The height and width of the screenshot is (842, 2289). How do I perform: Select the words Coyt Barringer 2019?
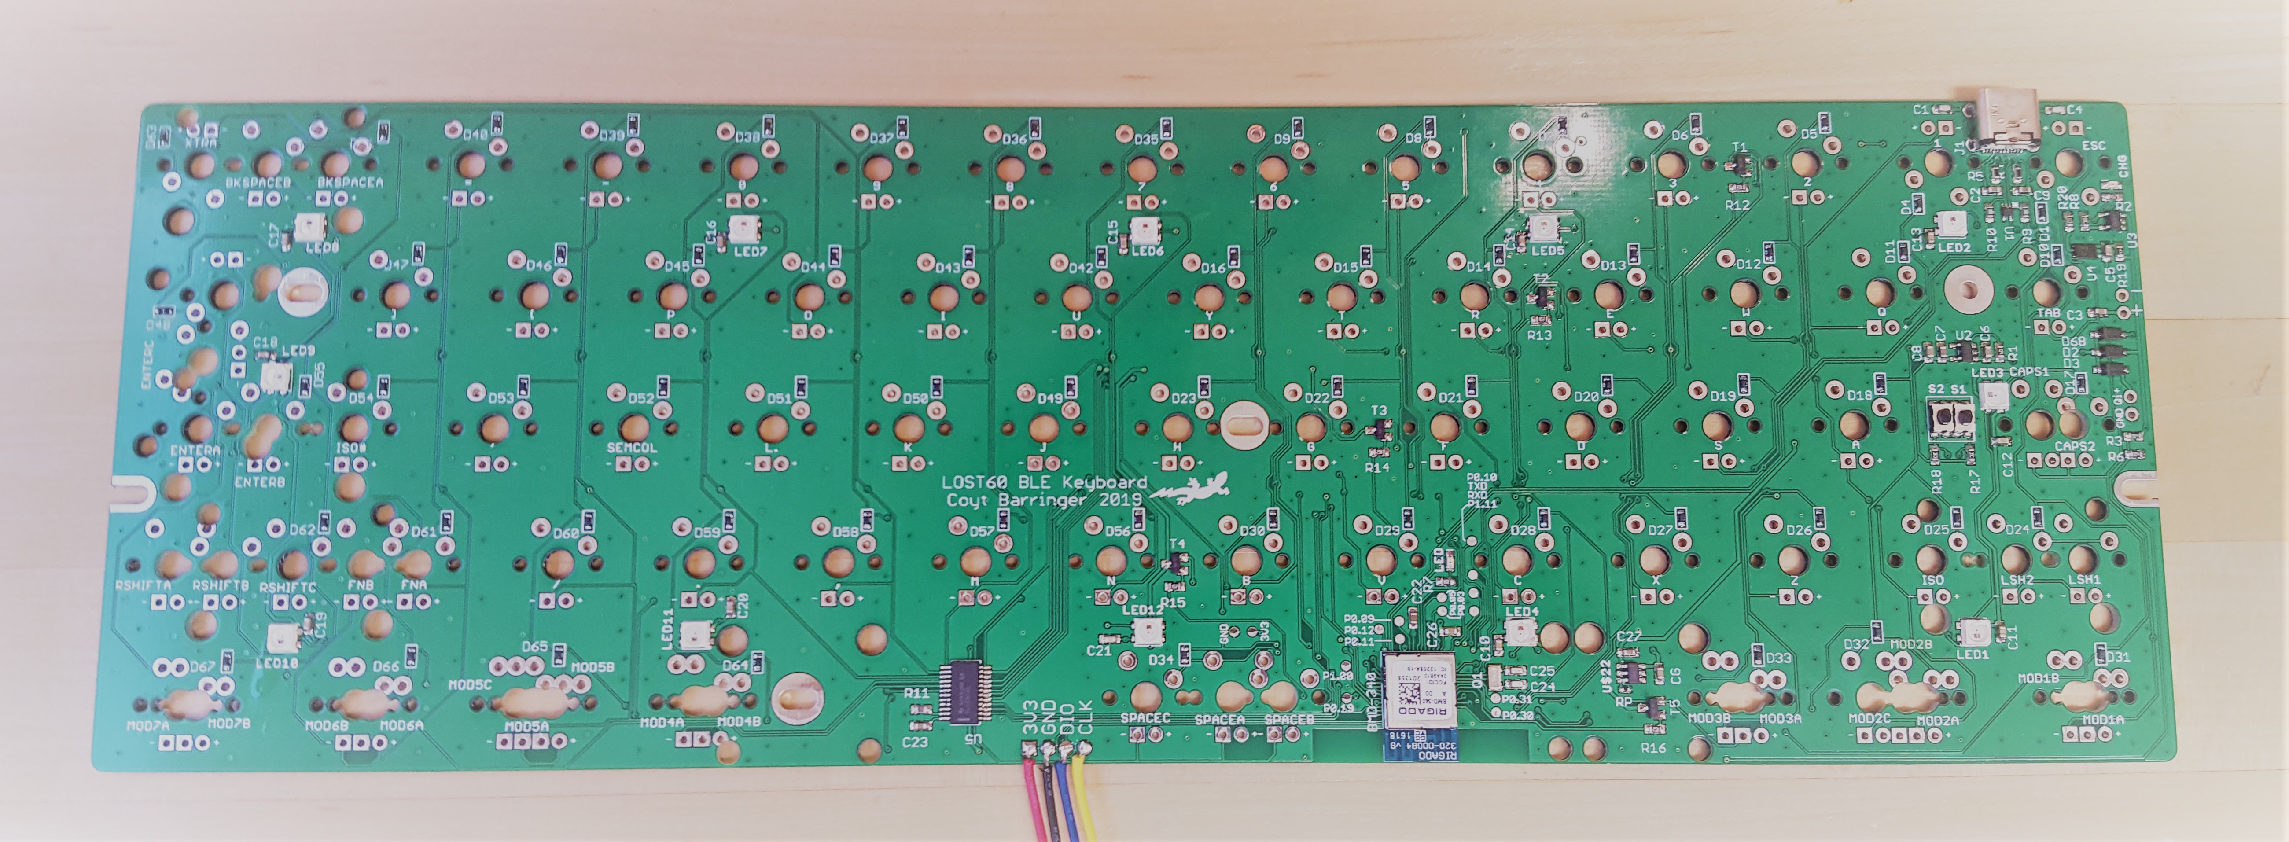pos(1044,500)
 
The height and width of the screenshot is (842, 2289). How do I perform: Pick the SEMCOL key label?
pos(632,448)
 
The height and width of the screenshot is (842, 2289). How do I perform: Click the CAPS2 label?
pos(2075,447)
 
